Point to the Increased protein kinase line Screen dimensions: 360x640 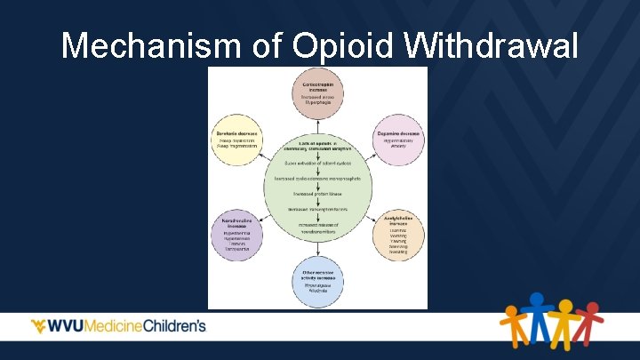317,193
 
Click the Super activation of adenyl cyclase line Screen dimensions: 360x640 317,163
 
